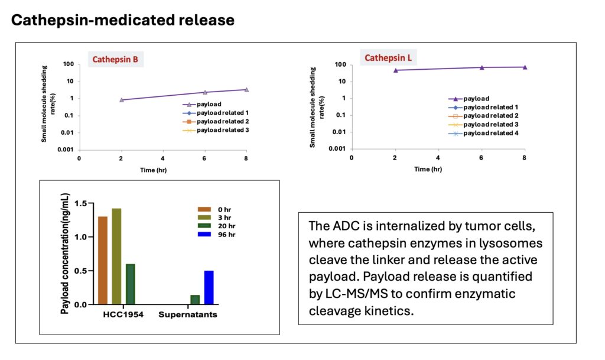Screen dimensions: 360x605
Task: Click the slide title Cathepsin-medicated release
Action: click(x=123, y=20)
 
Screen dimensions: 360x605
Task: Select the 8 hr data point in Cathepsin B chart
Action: click(x=246, y=90)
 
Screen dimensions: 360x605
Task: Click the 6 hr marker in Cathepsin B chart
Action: click(x=205, y=92)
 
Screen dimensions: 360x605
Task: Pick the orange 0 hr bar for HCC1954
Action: click(x=103, y=261)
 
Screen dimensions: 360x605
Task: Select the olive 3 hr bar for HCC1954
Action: click(x=116, y=257)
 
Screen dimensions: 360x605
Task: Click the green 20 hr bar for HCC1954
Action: click(x=131, y=284)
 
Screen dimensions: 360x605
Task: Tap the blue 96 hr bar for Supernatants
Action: click(x=209, y=288)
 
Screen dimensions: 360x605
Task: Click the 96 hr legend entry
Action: click(x=220, y=235)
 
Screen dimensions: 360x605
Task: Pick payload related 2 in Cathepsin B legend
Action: click(x=222, y=121)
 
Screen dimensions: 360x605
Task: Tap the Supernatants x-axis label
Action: click(x=188, y=314)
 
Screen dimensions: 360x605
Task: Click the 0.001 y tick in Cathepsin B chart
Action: click(x=66, y=150)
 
